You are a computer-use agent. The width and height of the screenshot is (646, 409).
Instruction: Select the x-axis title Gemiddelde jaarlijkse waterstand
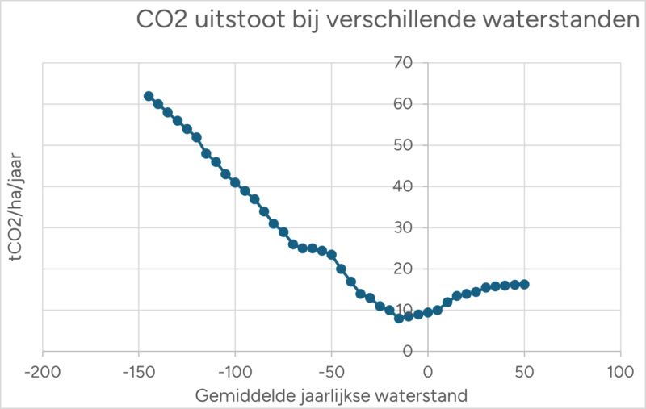[x=331, y=397]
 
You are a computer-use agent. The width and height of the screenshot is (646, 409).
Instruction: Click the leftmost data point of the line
[x=149, y=96]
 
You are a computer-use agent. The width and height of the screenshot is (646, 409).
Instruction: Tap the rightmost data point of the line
[x=524, y=284]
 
